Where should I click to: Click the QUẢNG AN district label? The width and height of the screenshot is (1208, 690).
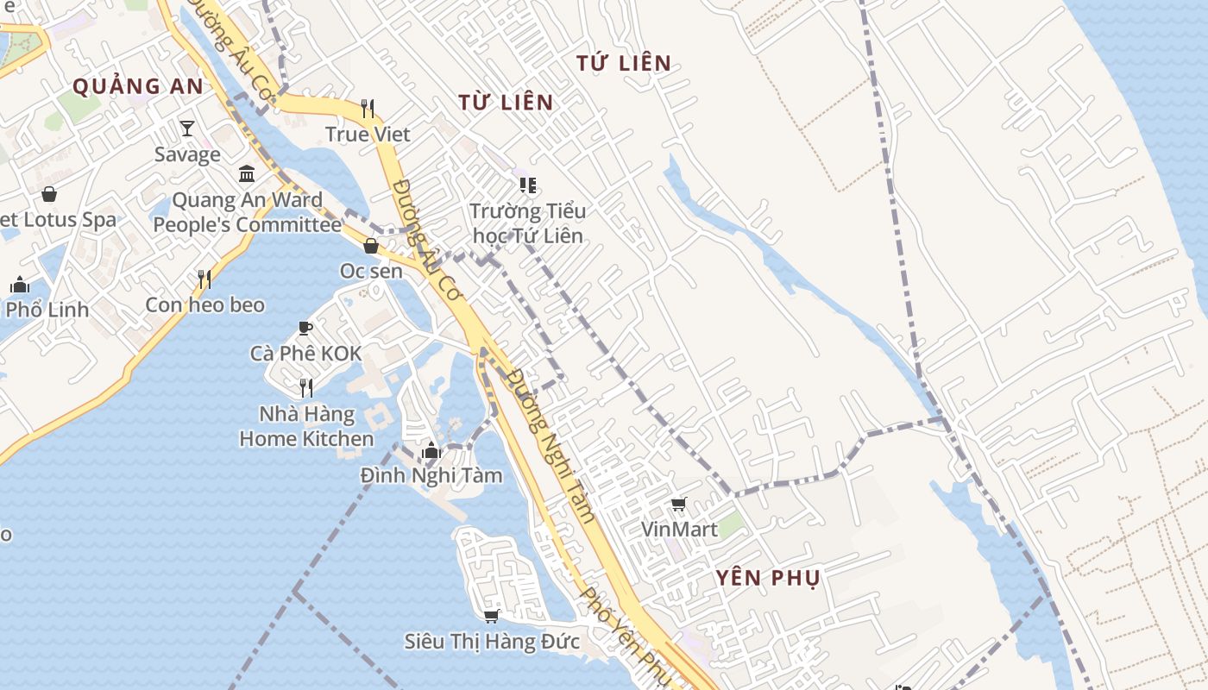point(138,86)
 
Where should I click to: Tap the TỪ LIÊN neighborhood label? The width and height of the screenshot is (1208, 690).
point(506,103)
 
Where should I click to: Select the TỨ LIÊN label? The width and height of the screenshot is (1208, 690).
point(624,63)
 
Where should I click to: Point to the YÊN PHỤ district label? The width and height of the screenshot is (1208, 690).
point(768,578)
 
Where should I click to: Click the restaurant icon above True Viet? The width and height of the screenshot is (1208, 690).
point(368,108)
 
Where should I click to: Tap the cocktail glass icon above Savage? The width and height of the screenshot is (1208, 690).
point(187,129)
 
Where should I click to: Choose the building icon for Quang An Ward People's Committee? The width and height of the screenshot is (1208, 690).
point(247,173)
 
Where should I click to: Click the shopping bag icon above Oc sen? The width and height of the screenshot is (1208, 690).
point(371,246)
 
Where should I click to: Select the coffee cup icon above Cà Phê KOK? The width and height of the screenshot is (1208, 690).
point(305,328)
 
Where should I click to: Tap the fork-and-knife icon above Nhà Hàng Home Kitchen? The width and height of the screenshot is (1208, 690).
point(305,388)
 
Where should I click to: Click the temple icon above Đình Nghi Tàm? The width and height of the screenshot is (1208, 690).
point(431,449)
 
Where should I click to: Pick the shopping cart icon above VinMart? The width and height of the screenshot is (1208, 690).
point(679,504)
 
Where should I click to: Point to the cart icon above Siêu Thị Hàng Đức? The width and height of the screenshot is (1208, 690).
point(492,615)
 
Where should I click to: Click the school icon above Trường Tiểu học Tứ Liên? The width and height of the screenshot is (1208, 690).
point(527,185)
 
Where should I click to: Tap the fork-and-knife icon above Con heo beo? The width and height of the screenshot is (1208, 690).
point(204,279)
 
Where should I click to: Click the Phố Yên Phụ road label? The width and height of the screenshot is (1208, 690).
point(625,637)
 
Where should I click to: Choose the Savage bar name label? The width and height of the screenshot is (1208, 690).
point(187,155)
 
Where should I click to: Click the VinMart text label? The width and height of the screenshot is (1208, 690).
point(679,529)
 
